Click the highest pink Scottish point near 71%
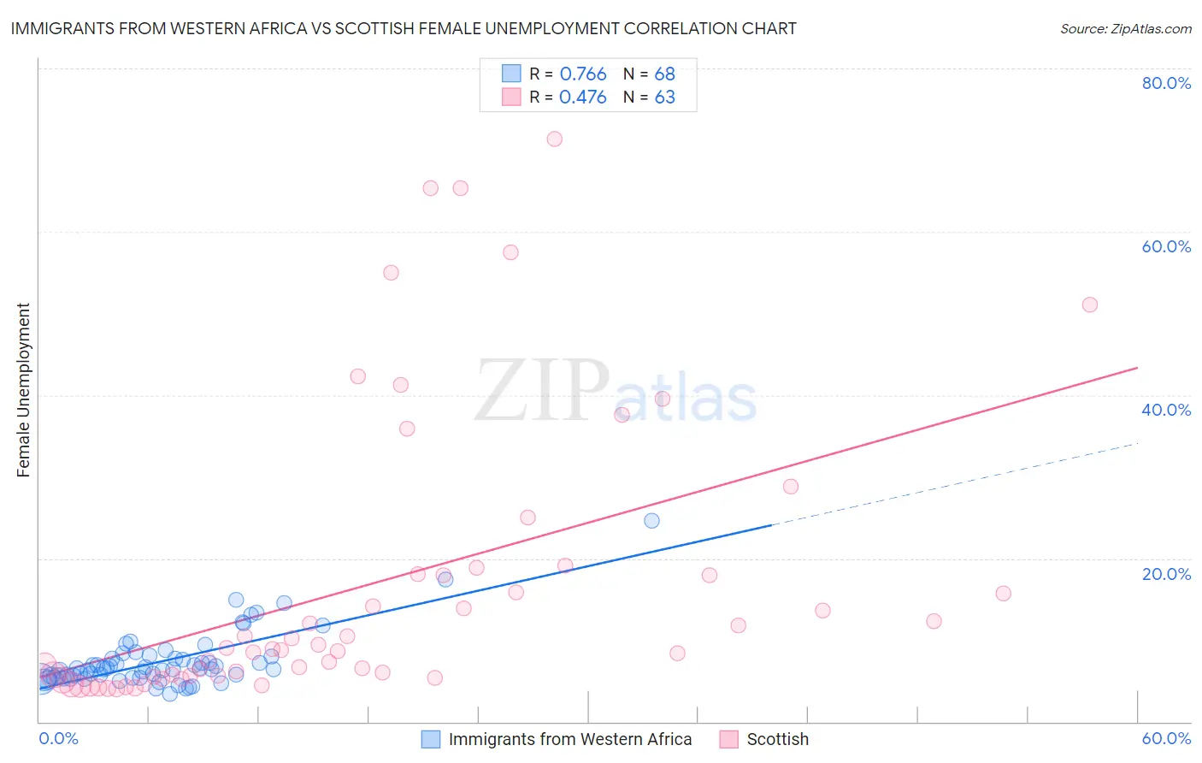point(554,139)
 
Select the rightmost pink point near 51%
point(1089,305)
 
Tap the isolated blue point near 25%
point(651,520)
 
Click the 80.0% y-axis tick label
point(1166,83)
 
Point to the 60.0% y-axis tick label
point(1166,246)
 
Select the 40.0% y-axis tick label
point(1166,410)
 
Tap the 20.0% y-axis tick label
point(1166,573)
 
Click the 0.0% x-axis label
point(58,738)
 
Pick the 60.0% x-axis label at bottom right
point(1166,738)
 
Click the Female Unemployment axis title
point(23,389)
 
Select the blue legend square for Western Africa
point(431,739)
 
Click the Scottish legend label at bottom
point(777,739)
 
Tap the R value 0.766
point(582,74)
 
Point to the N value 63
point(664,98)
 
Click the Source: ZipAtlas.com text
point(1125,28)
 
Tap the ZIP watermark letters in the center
point(542,391)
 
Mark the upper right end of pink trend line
point(1137,368)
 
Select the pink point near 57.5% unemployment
point(510,251)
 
